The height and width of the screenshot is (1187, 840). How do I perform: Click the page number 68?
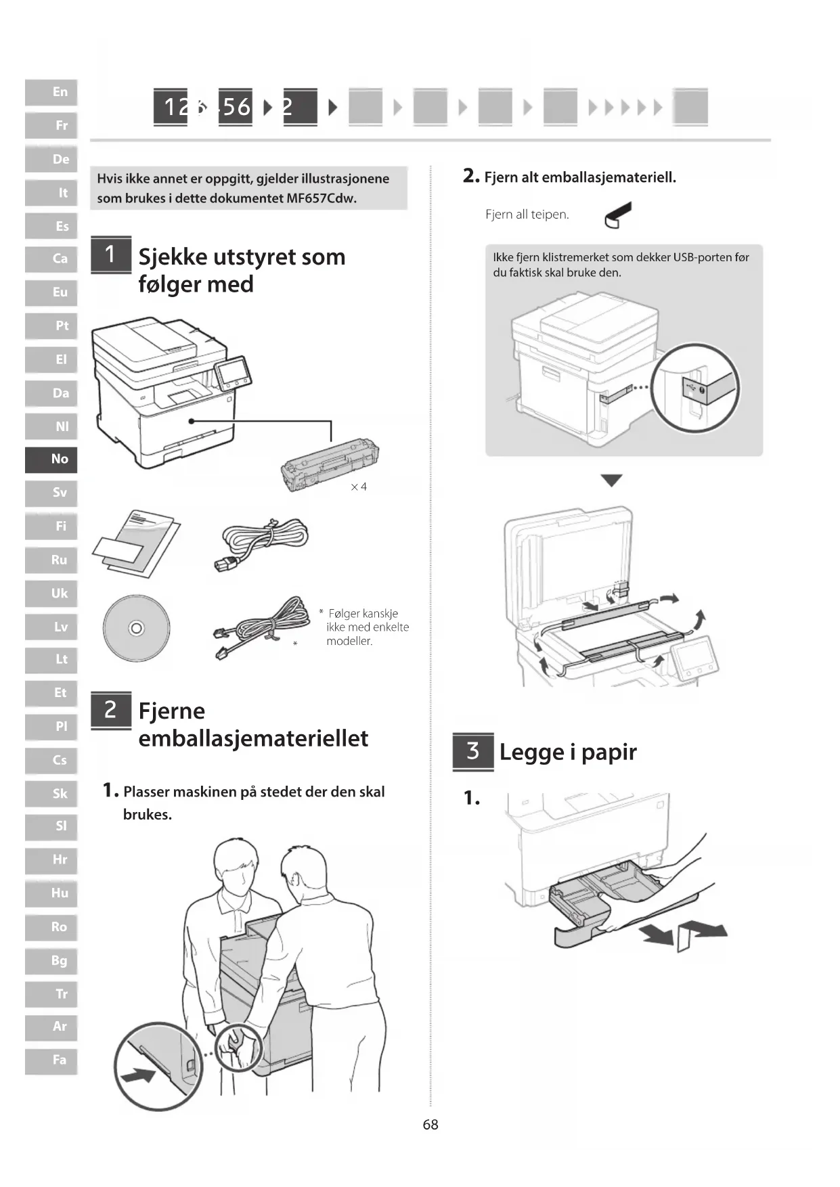[430, 1124]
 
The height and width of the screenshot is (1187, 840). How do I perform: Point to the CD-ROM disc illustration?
[136, 628]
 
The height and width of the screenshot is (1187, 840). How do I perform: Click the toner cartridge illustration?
[330, 464]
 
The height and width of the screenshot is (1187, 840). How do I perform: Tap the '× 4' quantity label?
[359, 487]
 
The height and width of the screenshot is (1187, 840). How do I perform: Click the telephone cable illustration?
[261, 625]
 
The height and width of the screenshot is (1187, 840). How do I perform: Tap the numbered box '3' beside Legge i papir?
[472, 751]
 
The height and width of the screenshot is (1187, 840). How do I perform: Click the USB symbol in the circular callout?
[690, 388]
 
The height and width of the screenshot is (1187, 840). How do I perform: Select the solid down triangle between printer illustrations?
[611, 480]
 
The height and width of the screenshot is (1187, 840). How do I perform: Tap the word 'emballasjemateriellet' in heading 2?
[253, 738]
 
